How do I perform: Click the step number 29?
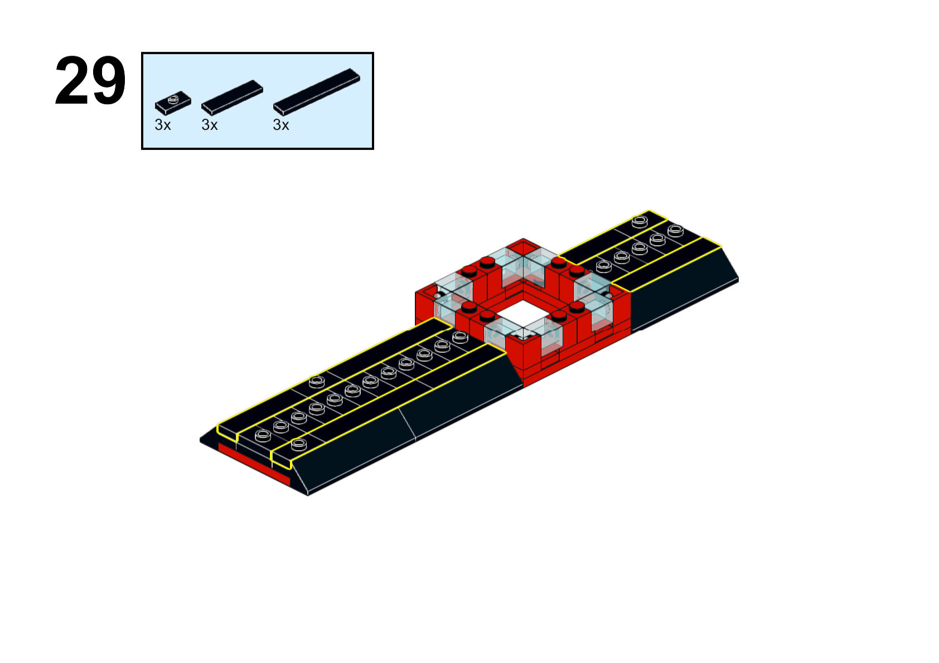[90, 80]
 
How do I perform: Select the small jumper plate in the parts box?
[173, 103]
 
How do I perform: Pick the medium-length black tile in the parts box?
[232, 97]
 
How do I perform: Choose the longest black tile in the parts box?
[317, 92]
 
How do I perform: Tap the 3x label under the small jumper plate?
[163, 125]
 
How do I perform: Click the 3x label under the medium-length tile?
[210, 125]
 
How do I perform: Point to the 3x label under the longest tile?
[281, 125]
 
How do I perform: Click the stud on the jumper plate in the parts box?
[173, 99]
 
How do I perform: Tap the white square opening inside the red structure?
[523, 315]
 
